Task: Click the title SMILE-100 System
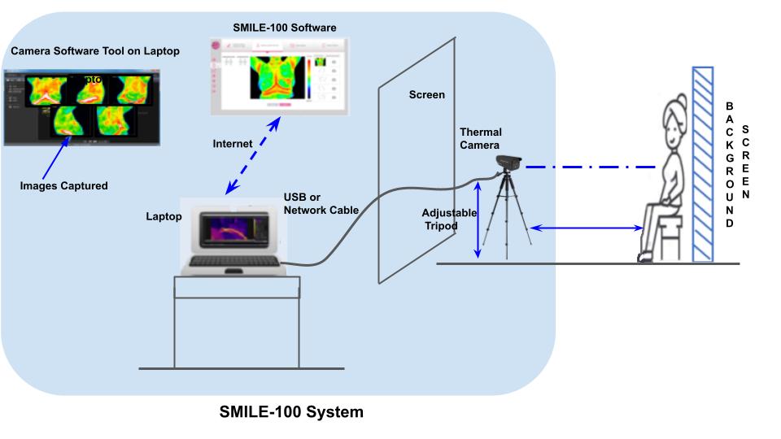[291, 412]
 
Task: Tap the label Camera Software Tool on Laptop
[95, 51]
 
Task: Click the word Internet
[233, 144]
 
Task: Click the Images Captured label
[63, 185]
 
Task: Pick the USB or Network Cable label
[321, 204]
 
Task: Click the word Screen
[426, 95]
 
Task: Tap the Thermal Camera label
[481, 139]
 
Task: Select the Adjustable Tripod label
[447, 219]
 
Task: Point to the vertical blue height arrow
[478, 220]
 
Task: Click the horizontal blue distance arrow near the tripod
[586, 229]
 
